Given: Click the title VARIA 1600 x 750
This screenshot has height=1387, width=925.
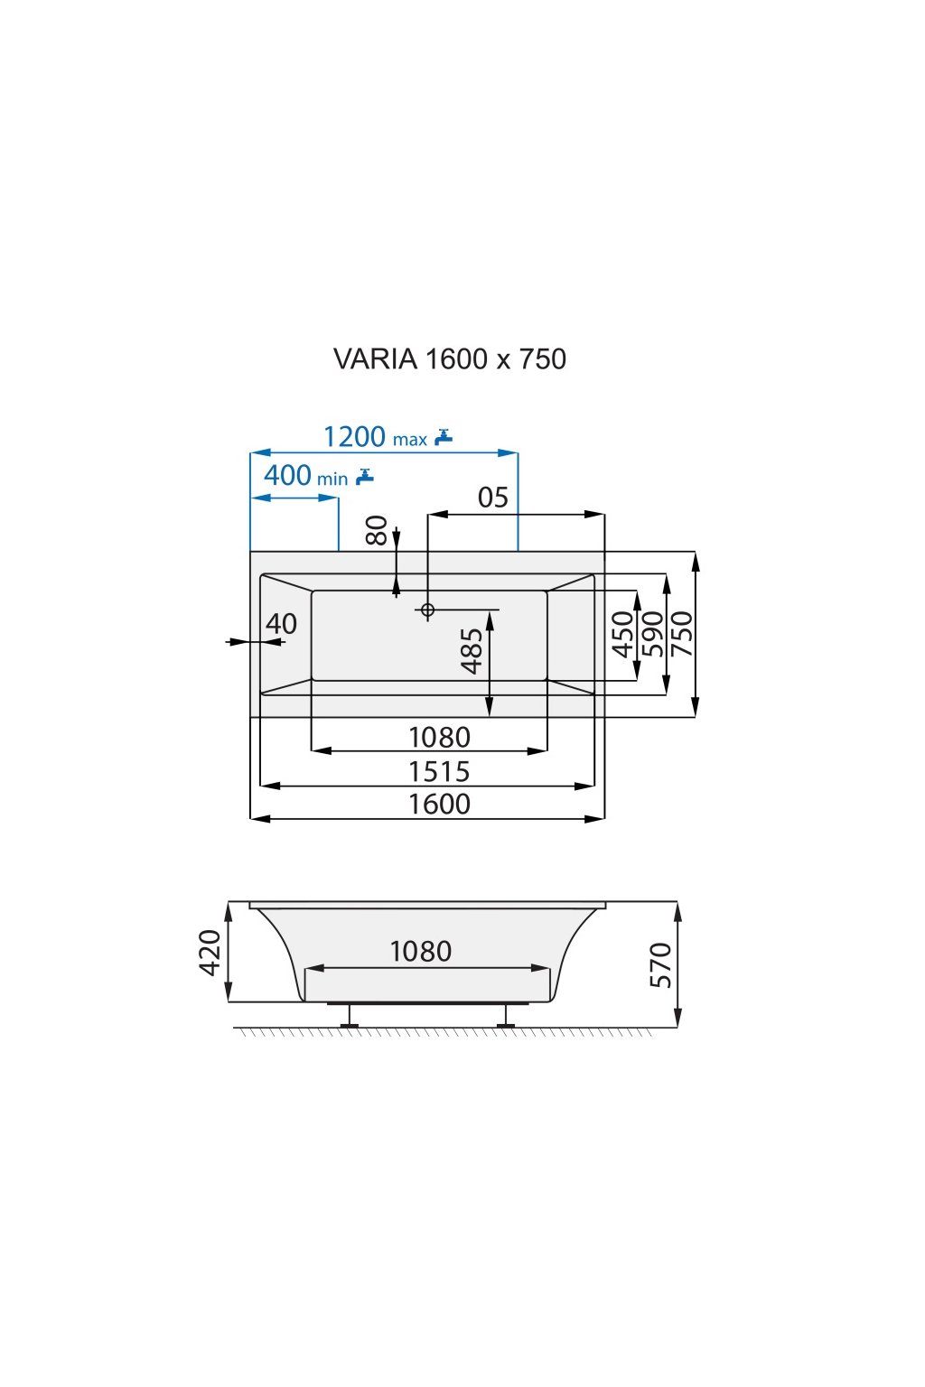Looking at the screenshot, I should [449, 358].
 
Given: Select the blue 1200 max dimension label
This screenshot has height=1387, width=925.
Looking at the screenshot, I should [374, 437].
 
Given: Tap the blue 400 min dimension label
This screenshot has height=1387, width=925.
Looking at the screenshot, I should [305, 475].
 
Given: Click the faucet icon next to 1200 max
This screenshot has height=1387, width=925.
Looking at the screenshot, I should [444, 437].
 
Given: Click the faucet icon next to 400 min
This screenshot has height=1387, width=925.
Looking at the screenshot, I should [364, 476].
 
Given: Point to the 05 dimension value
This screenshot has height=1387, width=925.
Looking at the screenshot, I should [493, 498].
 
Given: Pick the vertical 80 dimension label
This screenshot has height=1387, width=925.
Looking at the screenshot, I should [377, 530].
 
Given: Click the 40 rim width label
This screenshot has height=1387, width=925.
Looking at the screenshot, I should [281, 623].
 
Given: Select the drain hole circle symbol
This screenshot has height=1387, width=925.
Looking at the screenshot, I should [427, 610].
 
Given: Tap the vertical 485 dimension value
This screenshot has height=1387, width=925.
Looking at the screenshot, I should [472, 651].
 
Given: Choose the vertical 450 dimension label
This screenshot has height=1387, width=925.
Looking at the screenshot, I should [623, 634].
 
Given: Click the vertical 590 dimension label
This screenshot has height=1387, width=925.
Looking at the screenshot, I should [652, 634].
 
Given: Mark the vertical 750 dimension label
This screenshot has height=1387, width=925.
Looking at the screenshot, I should [681, 634].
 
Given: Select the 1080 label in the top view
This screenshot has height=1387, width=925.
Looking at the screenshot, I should [439, 738].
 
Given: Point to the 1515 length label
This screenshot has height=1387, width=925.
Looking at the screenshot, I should [439, 771].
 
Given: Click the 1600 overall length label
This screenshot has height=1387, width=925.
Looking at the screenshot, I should [439, 804].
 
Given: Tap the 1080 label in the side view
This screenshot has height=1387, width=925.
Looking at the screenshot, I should [420, 951].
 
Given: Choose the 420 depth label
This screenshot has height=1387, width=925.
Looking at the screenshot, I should [210, 952].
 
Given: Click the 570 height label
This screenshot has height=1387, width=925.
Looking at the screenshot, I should [661, 964].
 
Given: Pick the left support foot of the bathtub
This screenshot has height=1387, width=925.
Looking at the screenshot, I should [350, 1018].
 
